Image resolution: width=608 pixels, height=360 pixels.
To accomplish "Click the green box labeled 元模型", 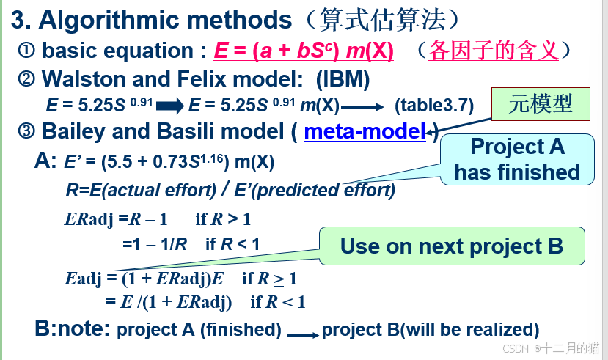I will [541, 104].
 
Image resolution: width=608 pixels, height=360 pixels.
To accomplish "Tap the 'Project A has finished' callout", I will [517, 159].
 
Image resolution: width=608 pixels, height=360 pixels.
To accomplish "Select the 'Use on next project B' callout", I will [452, 246].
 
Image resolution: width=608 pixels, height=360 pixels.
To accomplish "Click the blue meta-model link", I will [365, 132].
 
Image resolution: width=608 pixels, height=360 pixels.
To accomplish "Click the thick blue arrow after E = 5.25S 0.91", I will [170, 106].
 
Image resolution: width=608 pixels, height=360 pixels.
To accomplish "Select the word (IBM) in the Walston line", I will [343, 78].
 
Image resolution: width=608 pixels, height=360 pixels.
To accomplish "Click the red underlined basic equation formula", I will [304, 51].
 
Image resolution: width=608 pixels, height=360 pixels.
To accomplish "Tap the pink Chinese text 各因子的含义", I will [494, 51].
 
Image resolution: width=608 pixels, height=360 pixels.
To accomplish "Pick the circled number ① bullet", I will [26, 51].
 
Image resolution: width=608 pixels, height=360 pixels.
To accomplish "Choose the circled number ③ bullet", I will [26, 132].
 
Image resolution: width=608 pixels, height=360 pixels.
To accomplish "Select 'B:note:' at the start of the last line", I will [73, 328].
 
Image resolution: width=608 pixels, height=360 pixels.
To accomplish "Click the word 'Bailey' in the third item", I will [73, 132].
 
